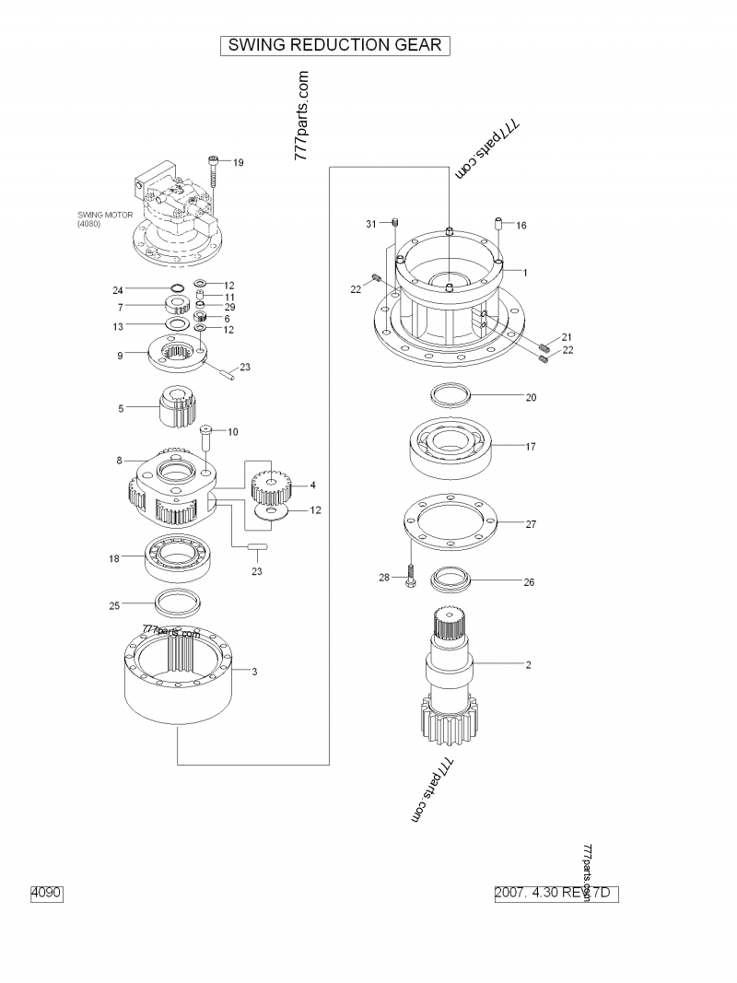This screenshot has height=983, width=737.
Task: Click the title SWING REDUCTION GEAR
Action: coord(334,45)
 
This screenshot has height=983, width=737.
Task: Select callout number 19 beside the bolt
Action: coord(238,163)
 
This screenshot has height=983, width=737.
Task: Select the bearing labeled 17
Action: coord(453,446)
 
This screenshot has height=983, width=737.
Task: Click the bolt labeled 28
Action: coord(410,577)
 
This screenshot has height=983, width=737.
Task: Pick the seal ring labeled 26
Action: coord(450,580)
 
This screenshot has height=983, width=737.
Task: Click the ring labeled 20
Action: coord(452,397)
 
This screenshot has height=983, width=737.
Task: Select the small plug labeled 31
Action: coord(394,223)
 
